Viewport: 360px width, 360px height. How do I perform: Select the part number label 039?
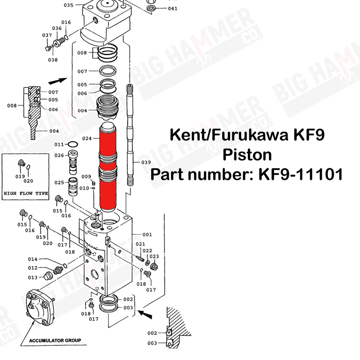(146, 162)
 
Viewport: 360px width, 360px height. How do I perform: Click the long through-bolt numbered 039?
(130, 135)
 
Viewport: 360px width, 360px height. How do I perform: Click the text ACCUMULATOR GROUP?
(55, 340)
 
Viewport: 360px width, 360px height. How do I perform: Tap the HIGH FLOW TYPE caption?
(26, 193)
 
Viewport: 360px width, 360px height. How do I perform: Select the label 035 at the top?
(68, 5)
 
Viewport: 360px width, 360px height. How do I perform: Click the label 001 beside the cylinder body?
(147, 234)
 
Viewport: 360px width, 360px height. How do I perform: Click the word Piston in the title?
(247, 154)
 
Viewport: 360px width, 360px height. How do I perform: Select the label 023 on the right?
(154, 256)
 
